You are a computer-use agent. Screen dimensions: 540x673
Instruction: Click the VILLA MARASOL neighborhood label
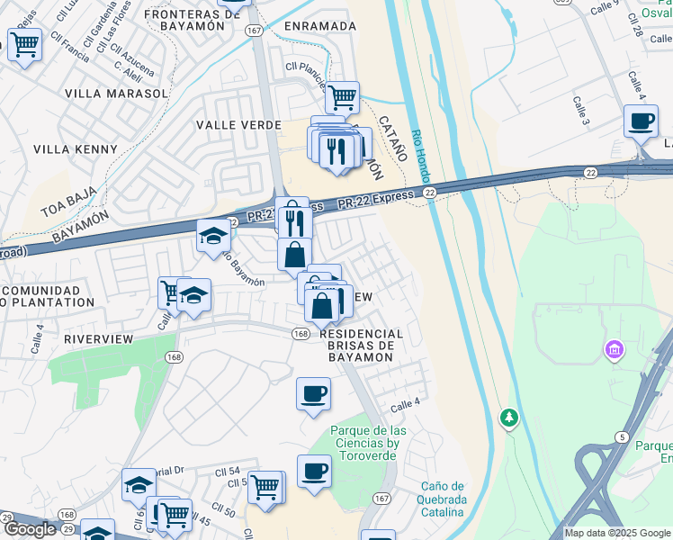pos(117,93)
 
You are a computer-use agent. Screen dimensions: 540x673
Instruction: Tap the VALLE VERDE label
pos(238,125)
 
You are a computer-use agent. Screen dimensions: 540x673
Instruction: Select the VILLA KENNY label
pos(76,149)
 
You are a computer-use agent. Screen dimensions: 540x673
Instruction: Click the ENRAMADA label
pos(320,26)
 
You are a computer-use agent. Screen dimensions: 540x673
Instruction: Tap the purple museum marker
pos(615,349)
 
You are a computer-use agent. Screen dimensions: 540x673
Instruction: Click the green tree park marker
pos(509,418)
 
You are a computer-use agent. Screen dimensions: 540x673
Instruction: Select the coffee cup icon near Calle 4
pos(313,394)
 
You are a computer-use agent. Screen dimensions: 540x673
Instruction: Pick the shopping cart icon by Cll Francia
pos(25,43)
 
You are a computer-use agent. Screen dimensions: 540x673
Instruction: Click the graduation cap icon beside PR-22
pos(212,236)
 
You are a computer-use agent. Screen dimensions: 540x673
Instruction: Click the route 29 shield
pos(6,517)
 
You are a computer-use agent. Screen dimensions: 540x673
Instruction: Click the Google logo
pos(30,529)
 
